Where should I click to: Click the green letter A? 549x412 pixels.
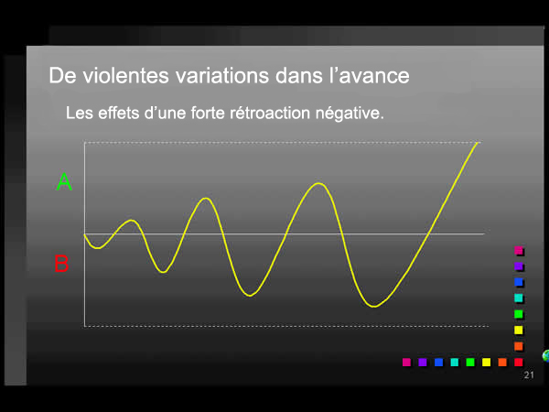(64, 182)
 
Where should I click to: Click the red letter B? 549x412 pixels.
(61, 265)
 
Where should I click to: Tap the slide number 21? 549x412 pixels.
(529, 376)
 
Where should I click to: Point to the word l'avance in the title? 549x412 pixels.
(369, 74)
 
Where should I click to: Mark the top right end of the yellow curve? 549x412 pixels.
(478, 143)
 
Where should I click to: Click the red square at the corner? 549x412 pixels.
(518, 362)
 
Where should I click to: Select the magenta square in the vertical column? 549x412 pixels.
(519, 251)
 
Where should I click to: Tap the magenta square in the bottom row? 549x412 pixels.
(407, 362)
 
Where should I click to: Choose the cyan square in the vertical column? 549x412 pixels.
(519, 298)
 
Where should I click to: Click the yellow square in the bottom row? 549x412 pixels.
(486, 362)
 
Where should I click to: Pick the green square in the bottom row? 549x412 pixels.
(470, 362)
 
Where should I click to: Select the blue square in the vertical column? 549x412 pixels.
(519, 282)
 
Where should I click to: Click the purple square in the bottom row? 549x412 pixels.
(423, 362)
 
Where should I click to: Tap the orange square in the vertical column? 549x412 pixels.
(519, 345)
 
